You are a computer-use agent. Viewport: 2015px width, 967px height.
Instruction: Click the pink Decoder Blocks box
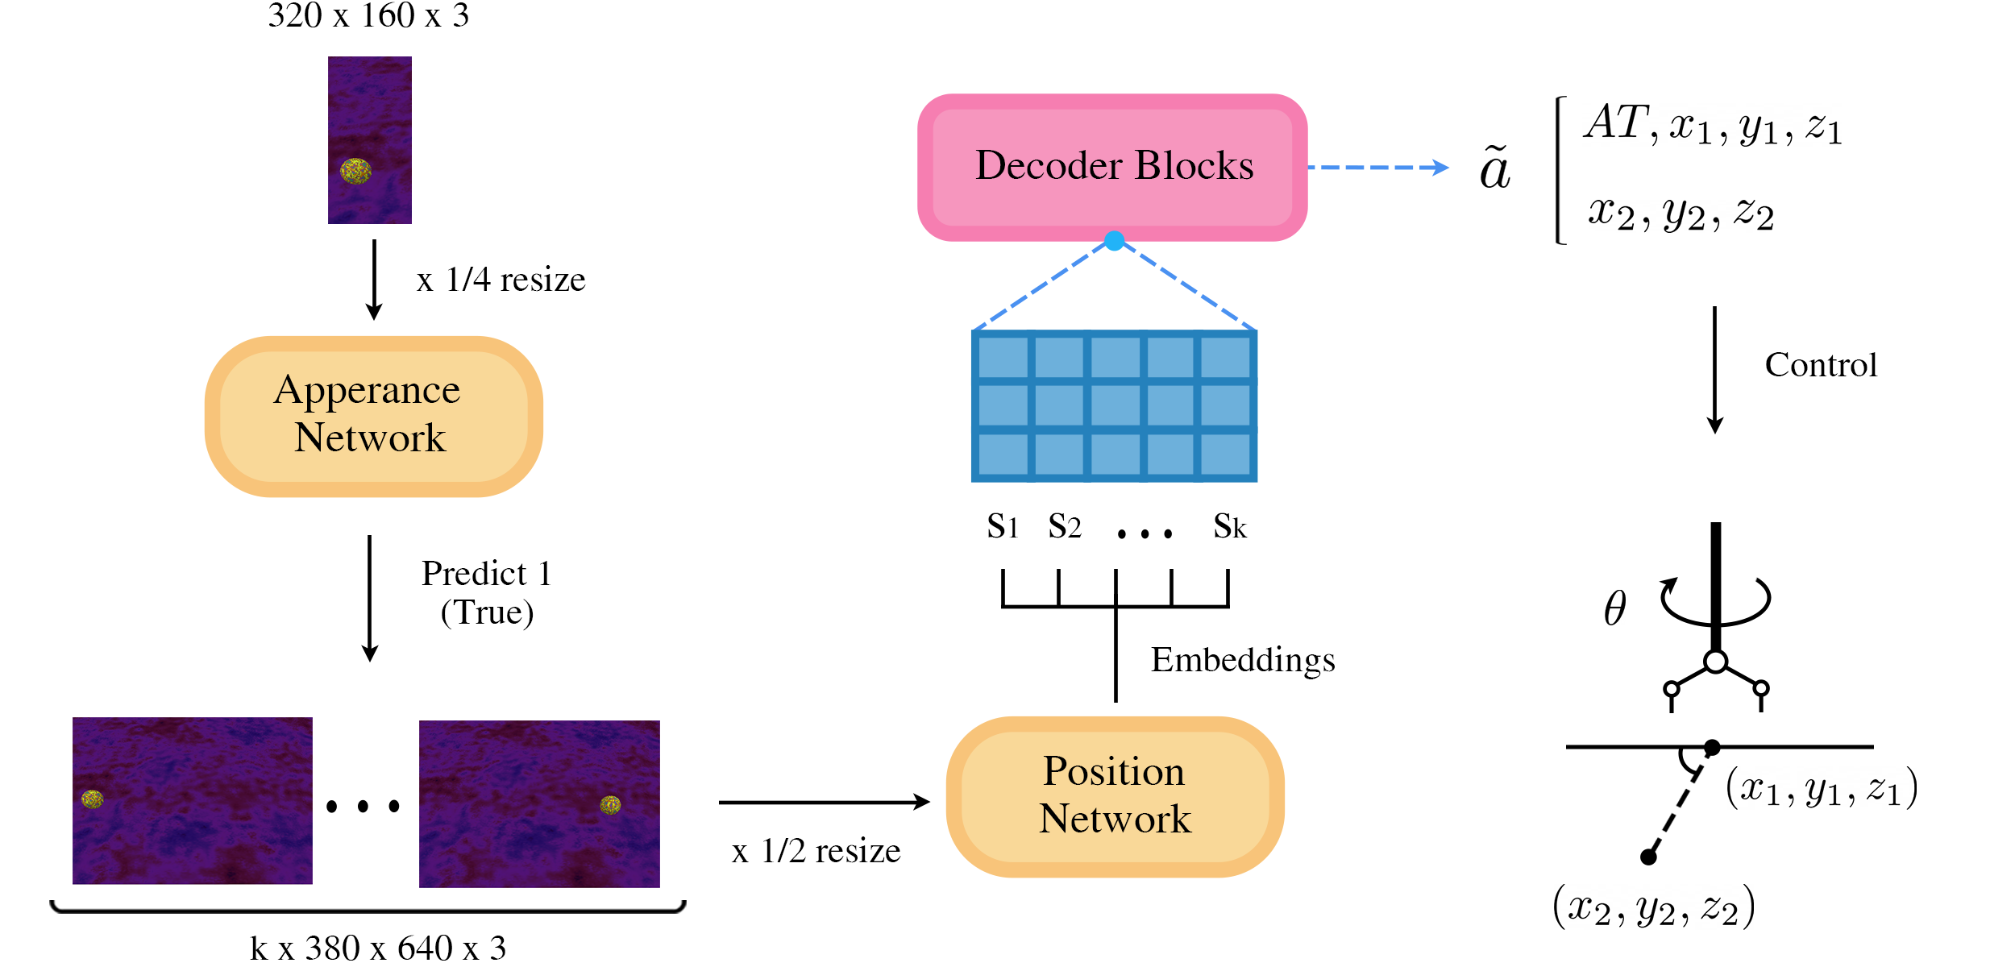click(1112, 167)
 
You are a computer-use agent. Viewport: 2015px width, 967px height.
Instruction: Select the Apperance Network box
click(373, 415)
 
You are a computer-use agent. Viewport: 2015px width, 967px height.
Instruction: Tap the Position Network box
click(1115, 795)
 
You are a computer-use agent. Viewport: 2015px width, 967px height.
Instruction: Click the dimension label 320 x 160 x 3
click(368, 16)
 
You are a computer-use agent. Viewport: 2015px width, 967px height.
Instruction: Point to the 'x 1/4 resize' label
click(501, 280)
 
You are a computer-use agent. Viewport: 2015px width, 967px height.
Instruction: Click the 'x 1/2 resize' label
click(816, 851)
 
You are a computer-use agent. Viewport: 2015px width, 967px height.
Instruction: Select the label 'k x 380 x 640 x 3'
click(378, 948)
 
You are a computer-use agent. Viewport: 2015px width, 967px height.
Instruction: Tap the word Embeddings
click(1242, 659)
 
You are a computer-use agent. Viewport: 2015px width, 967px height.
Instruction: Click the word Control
click(1821, 365)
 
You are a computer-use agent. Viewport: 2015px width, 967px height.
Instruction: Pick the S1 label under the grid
click(1003, 527)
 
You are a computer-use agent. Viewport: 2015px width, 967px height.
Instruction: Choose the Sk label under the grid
click(1230, 527)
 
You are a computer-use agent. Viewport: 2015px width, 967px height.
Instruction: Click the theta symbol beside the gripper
click(1614, 608)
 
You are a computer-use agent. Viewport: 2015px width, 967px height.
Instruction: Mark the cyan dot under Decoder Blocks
click(1115, 241)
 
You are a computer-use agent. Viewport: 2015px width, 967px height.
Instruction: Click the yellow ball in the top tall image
click(355, 170)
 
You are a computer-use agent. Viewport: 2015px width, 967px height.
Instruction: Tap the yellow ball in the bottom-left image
click(93, 799)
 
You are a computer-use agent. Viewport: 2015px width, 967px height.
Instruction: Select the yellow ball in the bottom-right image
click(610, 804)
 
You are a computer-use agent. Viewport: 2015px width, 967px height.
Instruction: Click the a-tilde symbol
click(1495, 169)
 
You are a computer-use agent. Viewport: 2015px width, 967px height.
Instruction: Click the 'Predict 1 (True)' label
click(487, 592)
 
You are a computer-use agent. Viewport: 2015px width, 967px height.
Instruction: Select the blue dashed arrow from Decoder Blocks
click(1378, 168)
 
